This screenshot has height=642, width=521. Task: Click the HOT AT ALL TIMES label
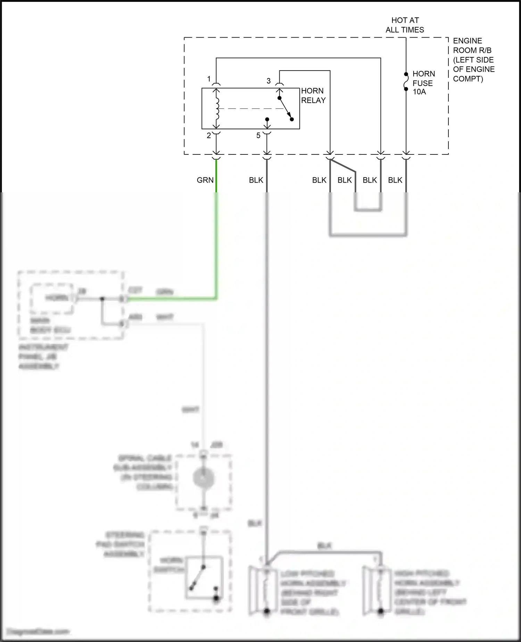pos(405,25)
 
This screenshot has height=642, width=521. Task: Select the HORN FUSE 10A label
pos(423,83)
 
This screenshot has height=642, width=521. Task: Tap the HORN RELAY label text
pos(313,95)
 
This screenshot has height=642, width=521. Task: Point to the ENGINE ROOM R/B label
pos(473,59)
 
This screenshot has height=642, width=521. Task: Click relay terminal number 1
pos(209,79)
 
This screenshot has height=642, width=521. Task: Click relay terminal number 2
pos(209,136)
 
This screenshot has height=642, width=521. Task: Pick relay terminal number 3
pos(268,81)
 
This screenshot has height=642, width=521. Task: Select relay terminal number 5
pos(258,136)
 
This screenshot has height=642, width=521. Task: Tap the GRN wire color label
pos(205,180)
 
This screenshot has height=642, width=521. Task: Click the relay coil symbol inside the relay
pos(217,108)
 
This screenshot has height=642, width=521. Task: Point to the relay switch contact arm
pos(286,109)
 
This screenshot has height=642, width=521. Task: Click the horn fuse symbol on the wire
pos(406,81)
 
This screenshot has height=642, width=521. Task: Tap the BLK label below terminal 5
pos(256,180)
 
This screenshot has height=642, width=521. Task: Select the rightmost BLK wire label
pos(395,180)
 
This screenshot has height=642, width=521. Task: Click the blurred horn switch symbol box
pos(204,578)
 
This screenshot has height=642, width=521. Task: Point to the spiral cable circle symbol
pos(204,479)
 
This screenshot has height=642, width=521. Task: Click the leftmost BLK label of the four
pos(319,180)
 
